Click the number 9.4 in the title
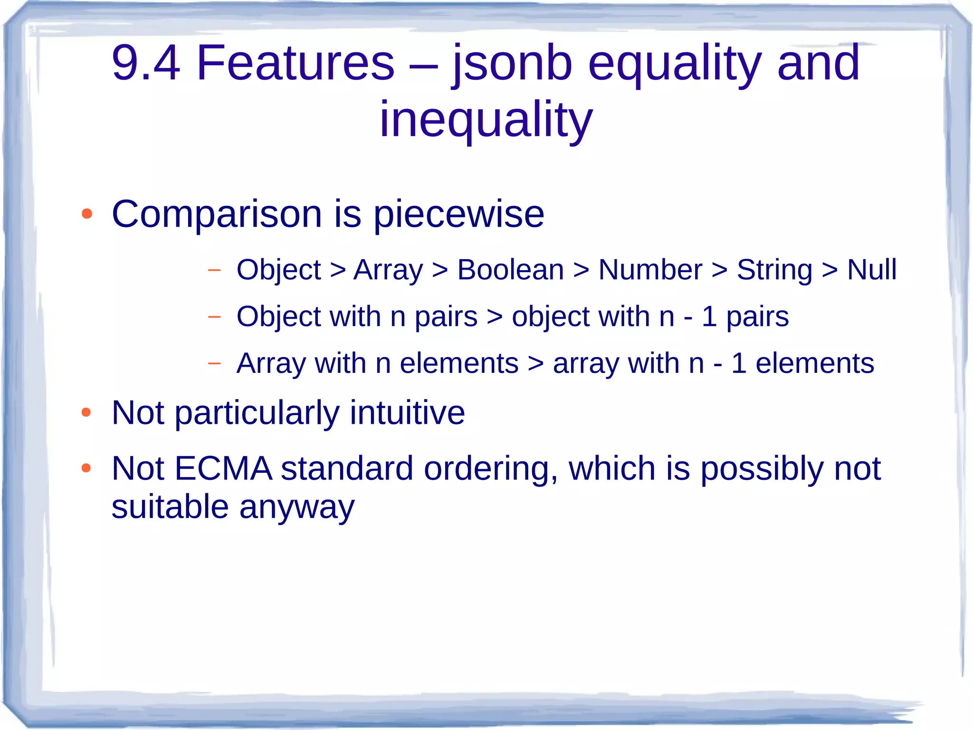pyautogui.click(x=145, y=62)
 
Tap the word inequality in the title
pyautogui.click(x=486, y=119)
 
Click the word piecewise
pyautogui.click(x=458, y=214)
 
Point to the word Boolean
pyautogui.click(x=510, y=270)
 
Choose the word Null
pyautogui.click(x=871, y=270)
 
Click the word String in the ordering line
pyautogui.click(x=774, y=270)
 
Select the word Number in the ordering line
pyautogui.click(x=650, y=270)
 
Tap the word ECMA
pyautogui.click(x=223, y=468)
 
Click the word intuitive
pyautogui.click(x=407, y=412)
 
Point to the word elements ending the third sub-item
pyautogui.click(x=814, y=363)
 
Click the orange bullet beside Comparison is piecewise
pyautogui.click(x=86, y=214)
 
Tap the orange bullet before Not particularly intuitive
pyautogui.click(x=86, y=412)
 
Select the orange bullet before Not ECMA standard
pyautogui.click(x=86, y=468)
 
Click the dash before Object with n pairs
pyautogui.click(x=214, y=317)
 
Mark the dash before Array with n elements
pyautogui.click(x=214, y=363)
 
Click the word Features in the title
pyautogui.click(x=295, y=62)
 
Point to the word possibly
pyautogui.click(x=762, y=468)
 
